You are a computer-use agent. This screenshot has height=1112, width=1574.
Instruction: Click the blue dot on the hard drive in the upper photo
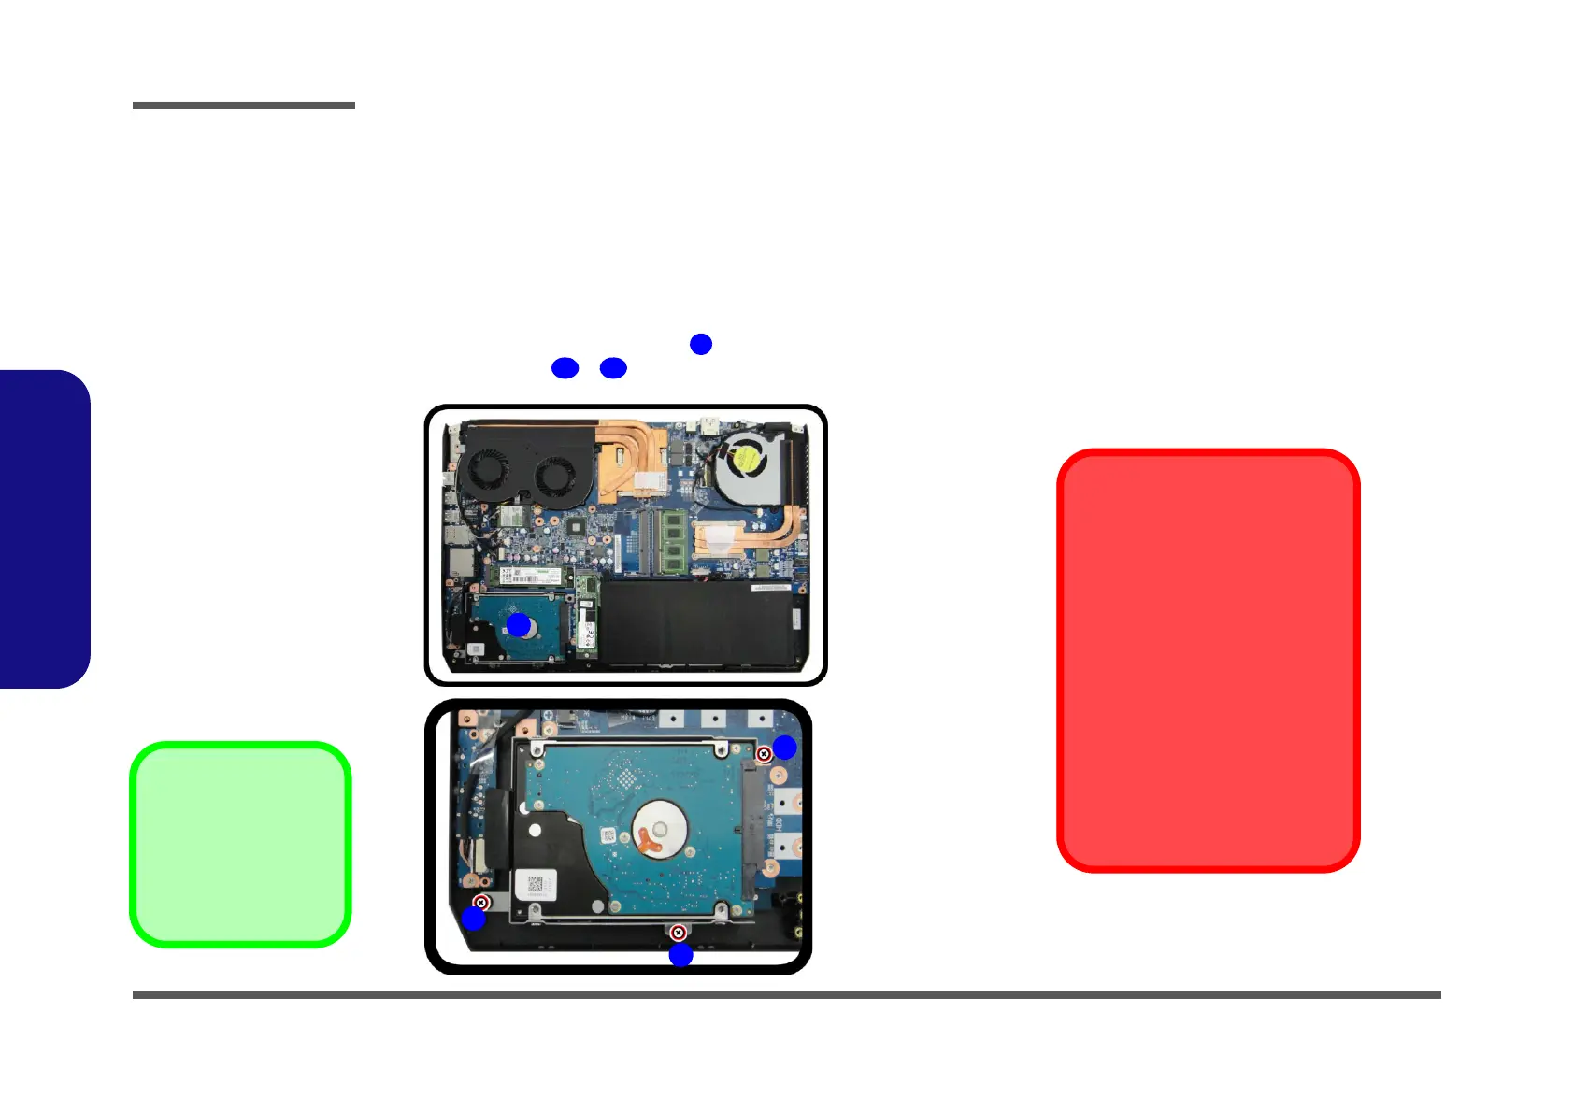519,624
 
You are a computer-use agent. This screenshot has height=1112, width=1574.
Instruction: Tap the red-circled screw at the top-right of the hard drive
764,754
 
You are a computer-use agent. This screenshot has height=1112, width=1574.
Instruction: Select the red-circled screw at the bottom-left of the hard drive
481,903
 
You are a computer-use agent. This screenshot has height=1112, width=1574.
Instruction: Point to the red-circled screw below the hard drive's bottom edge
679,933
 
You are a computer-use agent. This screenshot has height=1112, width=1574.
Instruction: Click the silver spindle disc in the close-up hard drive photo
661,830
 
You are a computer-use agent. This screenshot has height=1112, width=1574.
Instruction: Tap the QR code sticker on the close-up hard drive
536,883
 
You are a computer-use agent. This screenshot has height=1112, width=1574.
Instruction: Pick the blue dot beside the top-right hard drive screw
784,747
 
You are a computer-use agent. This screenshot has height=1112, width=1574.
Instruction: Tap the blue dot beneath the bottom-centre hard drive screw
680,955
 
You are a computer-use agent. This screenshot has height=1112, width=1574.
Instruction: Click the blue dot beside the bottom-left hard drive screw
474,919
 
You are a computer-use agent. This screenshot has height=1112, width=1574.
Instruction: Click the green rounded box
240,845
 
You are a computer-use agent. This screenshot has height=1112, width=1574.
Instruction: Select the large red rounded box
1208,661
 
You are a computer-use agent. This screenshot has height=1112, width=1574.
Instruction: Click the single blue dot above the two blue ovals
701,344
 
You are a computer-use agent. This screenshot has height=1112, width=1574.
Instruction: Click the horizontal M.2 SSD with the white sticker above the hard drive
530,574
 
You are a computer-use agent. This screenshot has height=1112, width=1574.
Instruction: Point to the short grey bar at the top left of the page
243,106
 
